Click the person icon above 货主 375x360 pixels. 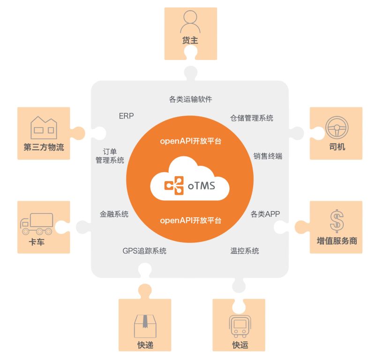coord(190,22)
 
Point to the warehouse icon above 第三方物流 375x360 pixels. coord(44,127)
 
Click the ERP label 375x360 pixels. coord(127,116)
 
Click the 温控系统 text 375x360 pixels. coord(244,251)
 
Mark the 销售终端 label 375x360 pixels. coord(268,156)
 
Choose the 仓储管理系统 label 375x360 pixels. coord(251,118)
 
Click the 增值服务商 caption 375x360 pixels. coord(337,241)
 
